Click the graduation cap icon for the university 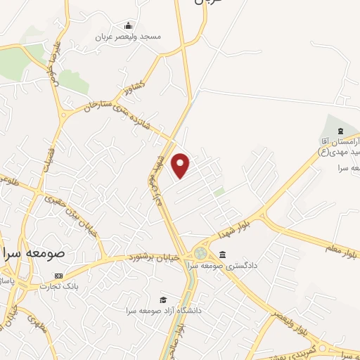[x=163, y=300]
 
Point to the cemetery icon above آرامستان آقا [x=340, y=131]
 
